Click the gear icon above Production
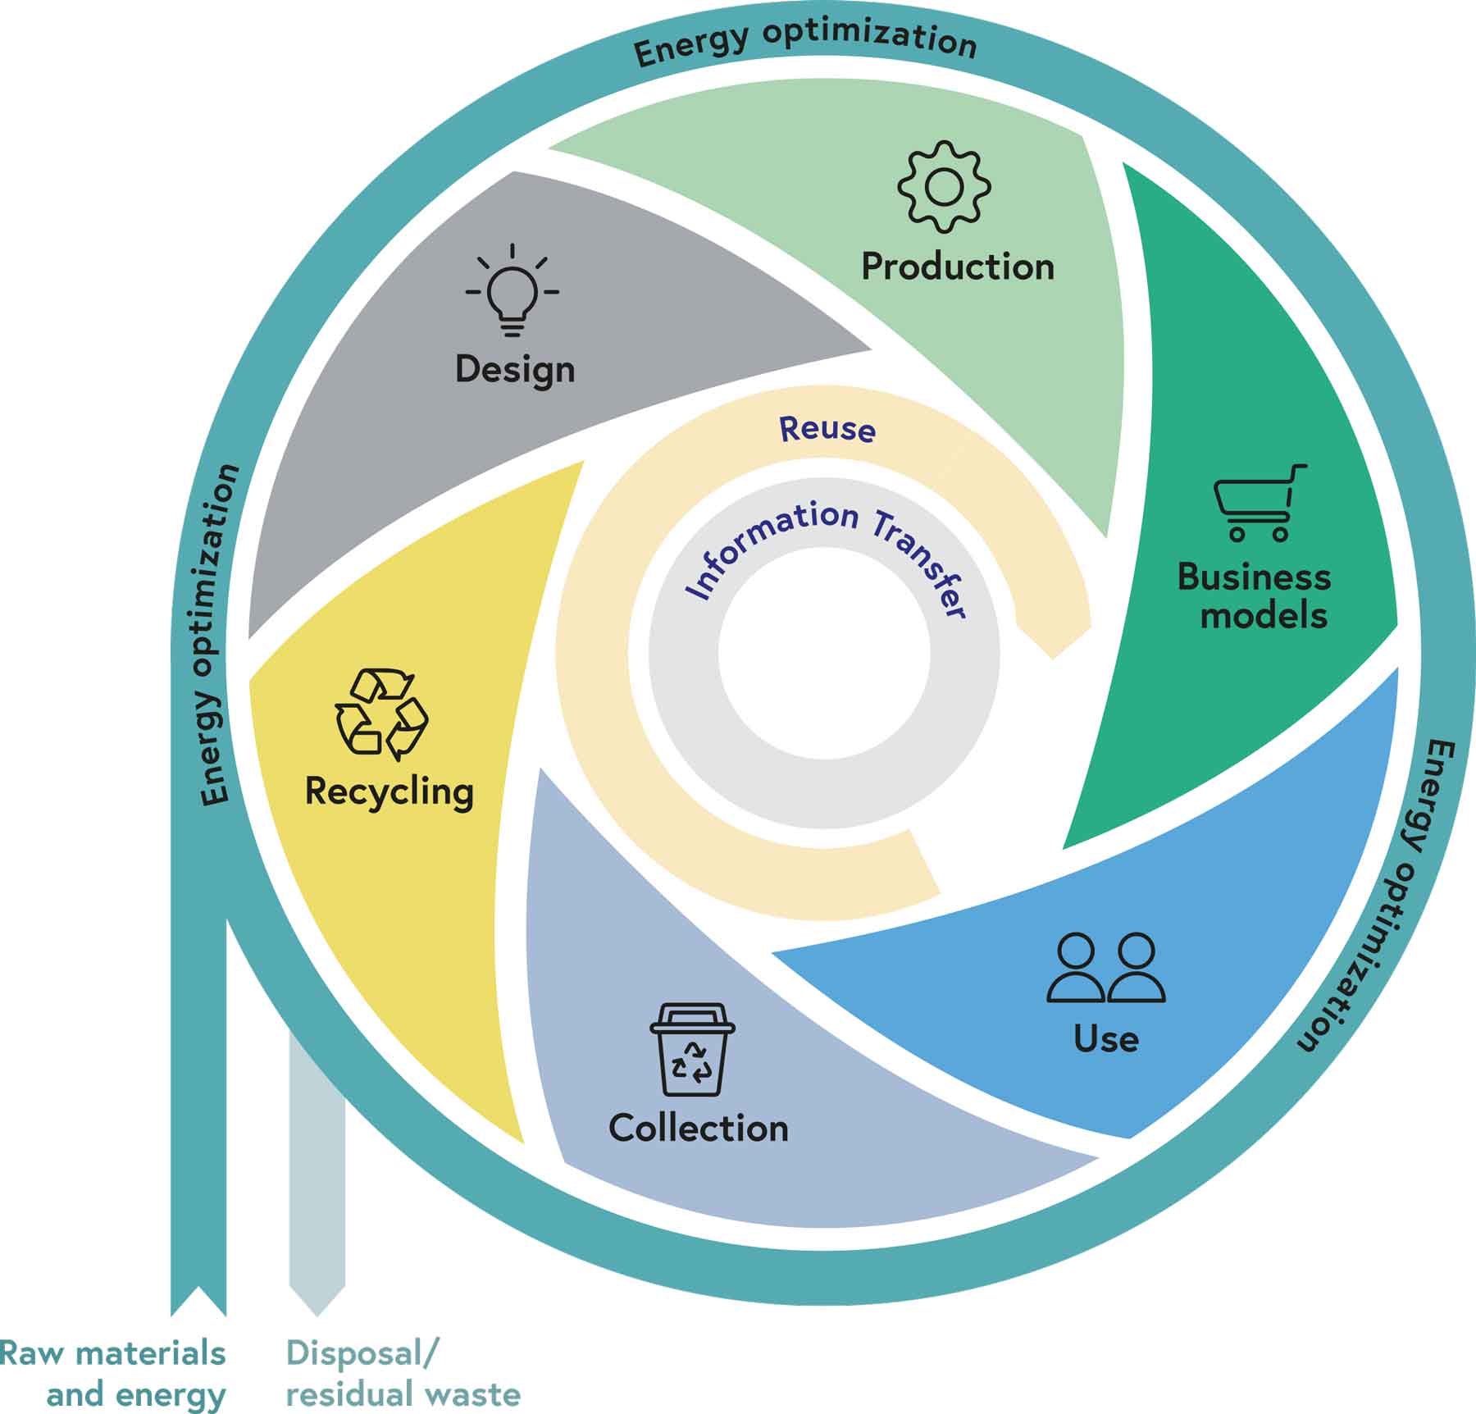944,186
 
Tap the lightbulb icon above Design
512,290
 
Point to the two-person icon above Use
1105,968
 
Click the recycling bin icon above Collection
693,1049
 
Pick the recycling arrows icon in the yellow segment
381,712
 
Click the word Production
958,267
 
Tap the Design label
515,370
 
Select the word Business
1254,577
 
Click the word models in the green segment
1264,615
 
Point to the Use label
1106,1039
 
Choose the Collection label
699,1128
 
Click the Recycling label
389,791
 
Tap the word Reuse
827,428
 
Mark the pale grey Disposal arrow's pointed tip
317,1316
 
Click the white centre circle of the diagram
824,654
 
